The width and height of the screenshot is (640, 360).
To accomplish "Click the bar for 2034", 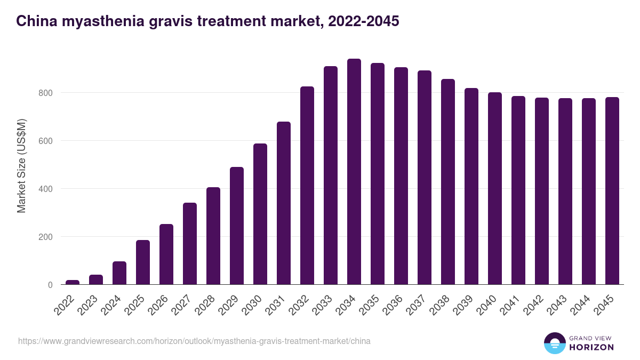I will click(354, 172).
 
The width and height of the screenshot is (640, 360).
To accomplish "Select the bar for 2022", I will click(73, 282).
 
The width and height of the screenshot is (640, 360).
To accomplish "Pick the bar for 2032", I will click(307, 186).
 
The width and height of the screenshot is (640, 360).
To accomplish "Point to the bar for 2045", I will click(612, 191).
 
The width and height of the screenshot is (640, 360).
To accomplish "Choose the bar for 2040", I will click(495, 188).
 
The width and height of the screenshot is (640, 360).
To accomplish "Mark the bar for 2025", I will click(143, 262).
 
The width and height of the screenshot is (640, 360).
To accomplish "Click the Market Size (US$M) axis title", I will click(21, 165).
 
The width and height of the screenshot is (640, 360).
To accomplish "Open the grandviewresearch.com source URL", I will click(194, 341).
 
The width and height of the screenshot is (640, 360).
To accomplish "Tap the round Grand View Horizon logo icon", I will click(554, 343).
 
